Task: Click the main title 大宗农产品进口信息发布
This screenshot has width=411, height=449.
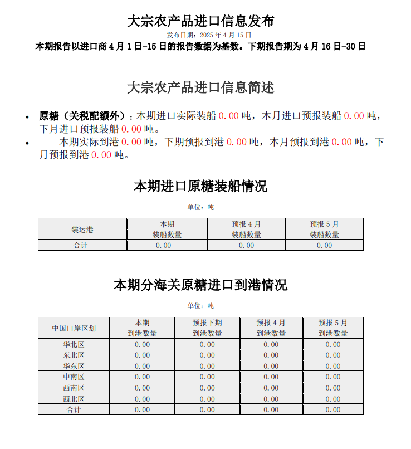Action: point(200,21)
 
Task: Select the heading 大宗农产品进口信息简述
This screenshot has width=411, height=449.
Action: point(200,87)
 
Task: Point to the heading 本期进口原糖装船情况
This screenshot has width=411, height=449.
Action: point(200,186)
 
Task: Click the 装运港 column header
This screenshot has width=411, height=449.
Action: point(82,230)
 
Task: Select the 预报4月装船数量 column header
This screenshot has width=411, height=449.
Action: point(246,230)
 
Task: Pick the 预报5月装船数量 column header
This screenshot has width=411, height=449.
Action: point(324,230)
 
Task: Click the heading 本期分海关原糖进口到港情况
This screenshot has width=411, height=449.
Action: point(200,285)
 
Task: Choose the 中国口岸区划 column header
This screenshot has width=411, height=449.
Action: point(74,328)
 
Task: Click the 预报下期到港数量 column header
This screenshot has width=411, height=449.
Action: point(207,328)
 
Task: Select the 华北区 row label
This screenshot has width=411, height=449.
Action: point(74,344)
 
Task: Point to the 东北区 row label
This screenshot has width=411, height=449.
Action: point(74,355)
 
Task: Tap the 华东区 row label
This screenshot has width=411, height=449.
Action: point(74,366)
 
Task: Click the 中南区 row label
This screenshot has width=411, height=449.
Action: point(74,377)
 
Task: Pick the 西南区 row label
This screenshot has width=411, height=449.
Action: point(74,388)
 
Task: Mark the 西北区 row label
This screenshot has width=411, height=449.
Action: point(74,399)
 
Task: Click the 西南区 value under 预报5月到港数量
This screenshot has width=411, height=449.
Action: point(333,388)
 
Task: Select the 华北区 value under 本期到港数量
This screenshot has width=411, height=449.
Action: point(142,344)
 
